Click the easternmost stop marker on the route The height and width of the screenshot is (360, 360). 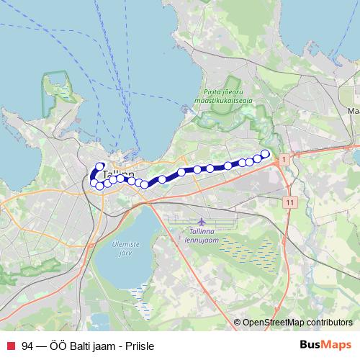[x=265, y=153]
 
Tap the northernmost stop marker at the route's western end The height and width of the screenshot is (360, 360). [x=100, y=167]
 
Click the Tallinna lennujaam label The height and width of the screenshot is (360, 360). [x=202, y=234]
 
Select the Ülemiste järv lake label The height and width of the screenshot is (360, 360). [x=125, y=248]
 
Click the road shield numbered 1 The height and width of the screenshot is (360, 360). [x=285, y=158]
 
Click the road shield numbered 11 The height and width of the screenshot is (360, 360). [x=289, y=203]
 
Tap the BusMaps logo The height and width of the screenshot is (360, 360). [x=325, y=345]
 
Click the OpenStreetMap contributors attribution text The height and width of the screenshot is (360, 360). [x=297, y=323]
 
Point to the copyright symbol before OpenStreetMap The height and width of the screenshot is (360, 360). [x=237, y=323]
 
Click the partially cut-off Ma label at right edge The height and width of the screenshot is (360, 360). [x=354, y=112]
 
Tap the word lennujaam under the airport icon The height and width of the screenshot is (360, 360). [x=202, y=238]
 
